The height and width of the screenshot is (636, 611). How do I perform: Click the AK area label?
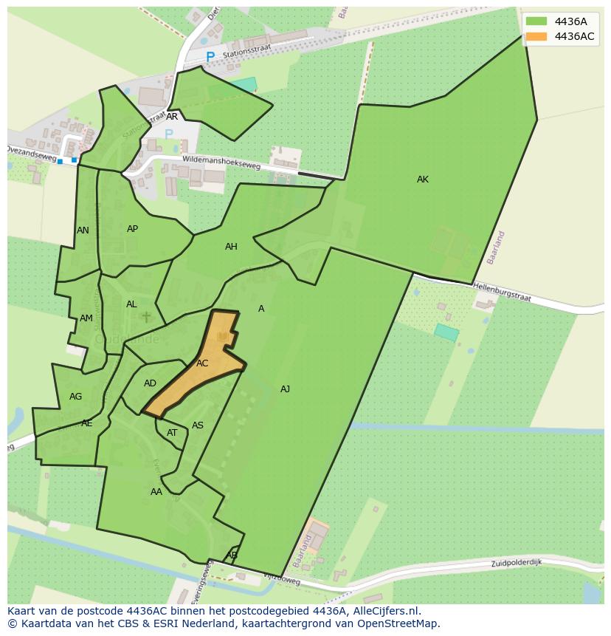[x=422, y=179]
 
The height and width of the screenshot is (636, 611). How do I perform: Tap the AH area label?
[x=231, y=247]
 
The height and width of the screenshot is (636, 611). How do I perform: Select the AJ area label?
[x=285, y=389]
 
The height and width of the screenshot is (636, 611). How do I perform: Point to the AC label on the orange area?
[x=202, y=363]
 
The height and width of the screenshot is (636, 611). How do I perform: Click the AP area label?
[x=132, y=229]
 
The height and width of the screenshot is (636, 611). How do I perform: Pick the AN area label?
[x=83, y=230]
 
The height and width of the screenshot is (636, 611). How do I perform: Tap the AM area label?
[x=86, y=318]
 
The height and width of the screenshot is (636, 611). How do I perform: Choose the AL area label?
[x=131, y=304]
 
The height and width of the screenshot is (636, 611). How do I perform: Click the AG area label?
[x=75, y=397]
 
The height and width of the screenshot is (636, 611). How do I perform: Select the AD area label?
[x=150, y=383]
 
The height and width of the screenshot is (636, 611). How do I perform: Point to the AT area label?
[x=172, y=433]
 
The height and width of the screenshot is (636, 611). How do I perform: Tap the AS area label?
[x=197, y=425]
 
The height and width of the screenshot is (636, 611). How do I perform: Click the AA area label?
[x=156, y=492]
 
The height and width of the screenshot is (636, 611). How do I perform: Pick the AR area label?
[x=172, y=117]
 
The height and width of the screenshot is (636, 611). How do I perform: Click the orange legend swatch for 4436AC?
[x=536, y=36]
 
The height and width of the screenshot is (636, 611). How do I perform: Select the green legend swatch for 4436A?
[x=536, y=21]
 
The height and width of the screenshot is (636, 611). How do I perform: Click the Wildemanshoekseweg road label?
[x=221, y=162]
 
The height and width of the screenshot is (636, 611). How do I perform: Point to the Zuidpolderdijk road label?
[x=517, y=563]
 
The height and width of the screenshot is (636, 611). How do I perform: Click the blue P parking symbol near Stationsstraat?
[x=210, y=57]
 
